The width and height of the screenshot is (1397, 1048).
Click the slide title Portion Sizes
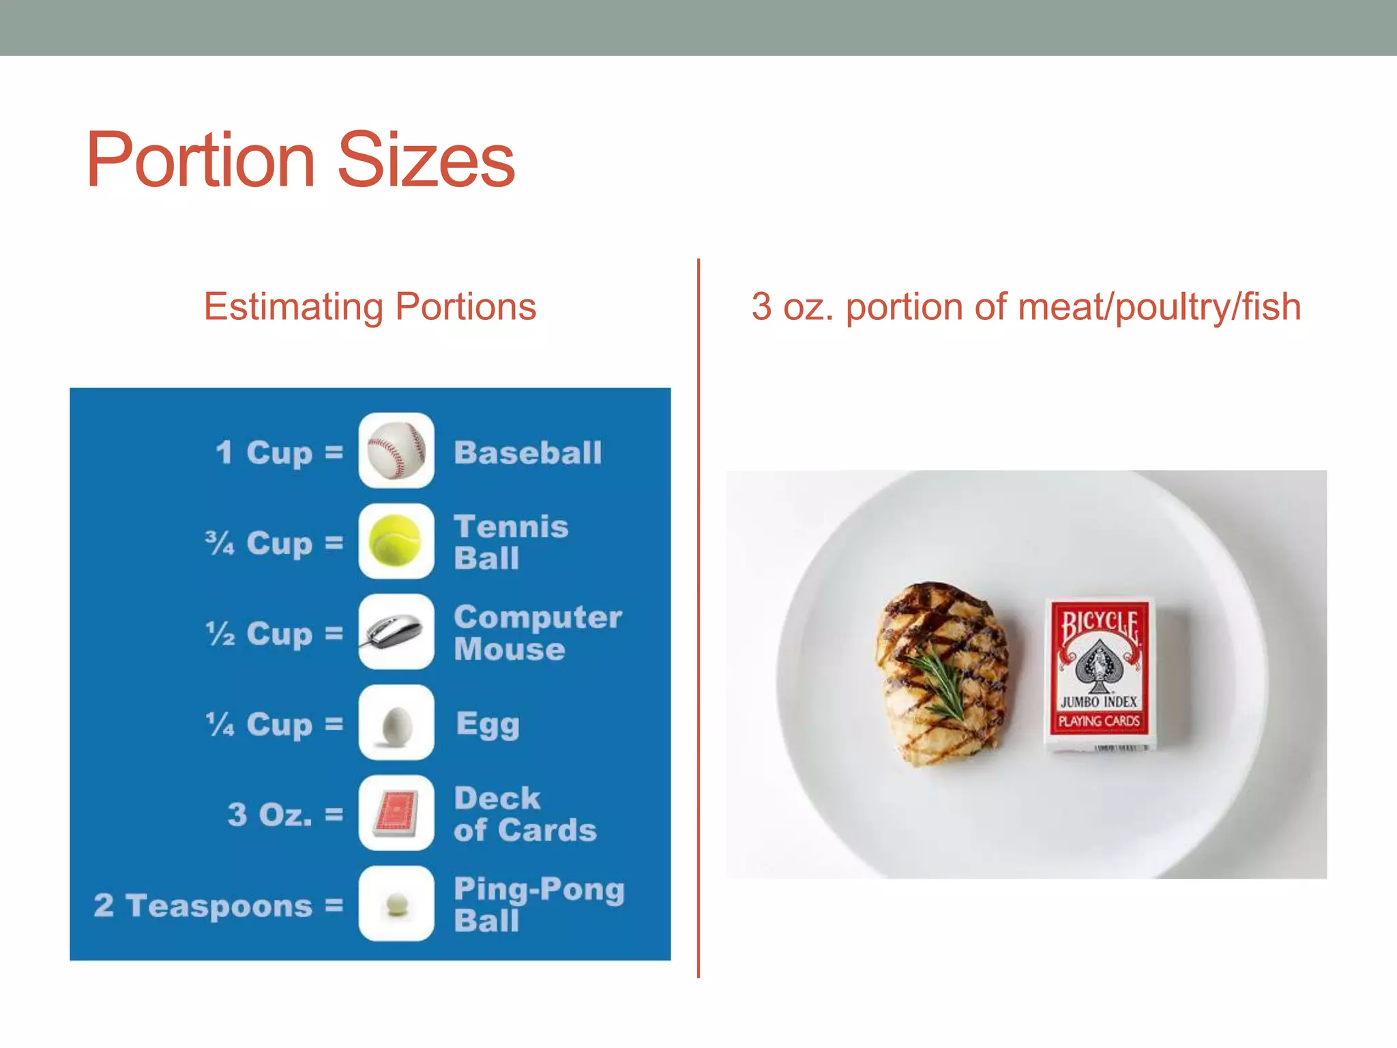point(300,160)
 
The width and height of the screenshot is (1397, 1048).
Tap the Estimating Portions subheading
point(370,306)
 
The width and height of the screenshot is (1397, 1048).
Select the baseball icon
point(396,450)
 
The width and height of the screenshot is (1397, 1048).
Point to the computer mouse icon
point(396,631)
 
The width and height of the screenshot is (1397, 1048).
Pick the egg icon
point(396,723)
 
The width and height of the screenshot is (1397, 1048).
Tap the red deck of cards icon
point(396,813)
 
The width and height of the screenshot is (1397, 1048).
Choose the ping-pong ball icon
point(396,904)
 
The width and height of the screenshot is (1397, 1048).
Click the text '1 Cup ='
point(279,452)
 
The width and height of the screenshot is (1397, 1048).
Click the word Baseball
point(528,452)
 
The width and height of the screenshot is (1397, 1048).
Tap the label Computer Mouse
point(538,632)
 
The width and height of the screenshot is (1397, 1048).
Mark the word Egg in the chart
point(488,725)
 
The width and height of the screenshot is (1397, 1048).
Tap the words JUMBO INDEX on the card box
point(1098,701)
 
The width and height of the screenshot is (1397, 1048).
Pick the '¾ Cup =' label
point(274,543)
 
